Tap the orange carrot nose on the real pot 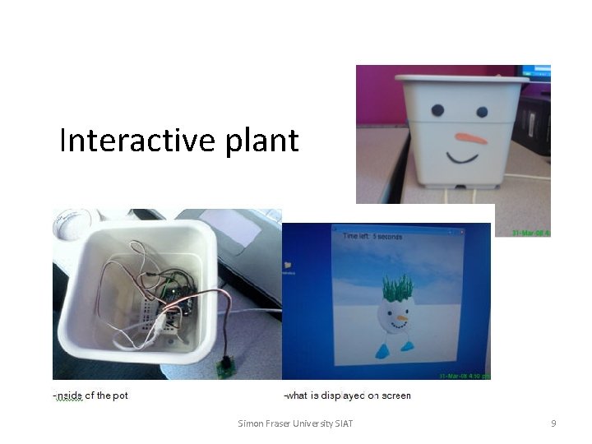point(471,137)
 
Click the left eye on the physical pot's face point(437,109)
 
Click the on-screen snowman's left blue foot point(383,353)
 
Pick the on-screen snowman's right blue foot point(409,346)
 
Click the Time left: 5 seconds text point(372,237)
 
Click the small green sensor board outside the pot point(224,363)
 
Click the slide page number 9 point(553,423)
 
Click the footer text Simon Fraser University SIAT point(295,423)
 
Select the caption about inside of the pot point(90,395)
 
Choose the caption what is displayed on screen point(347,395)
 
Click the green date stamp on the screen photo point(461,376)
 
